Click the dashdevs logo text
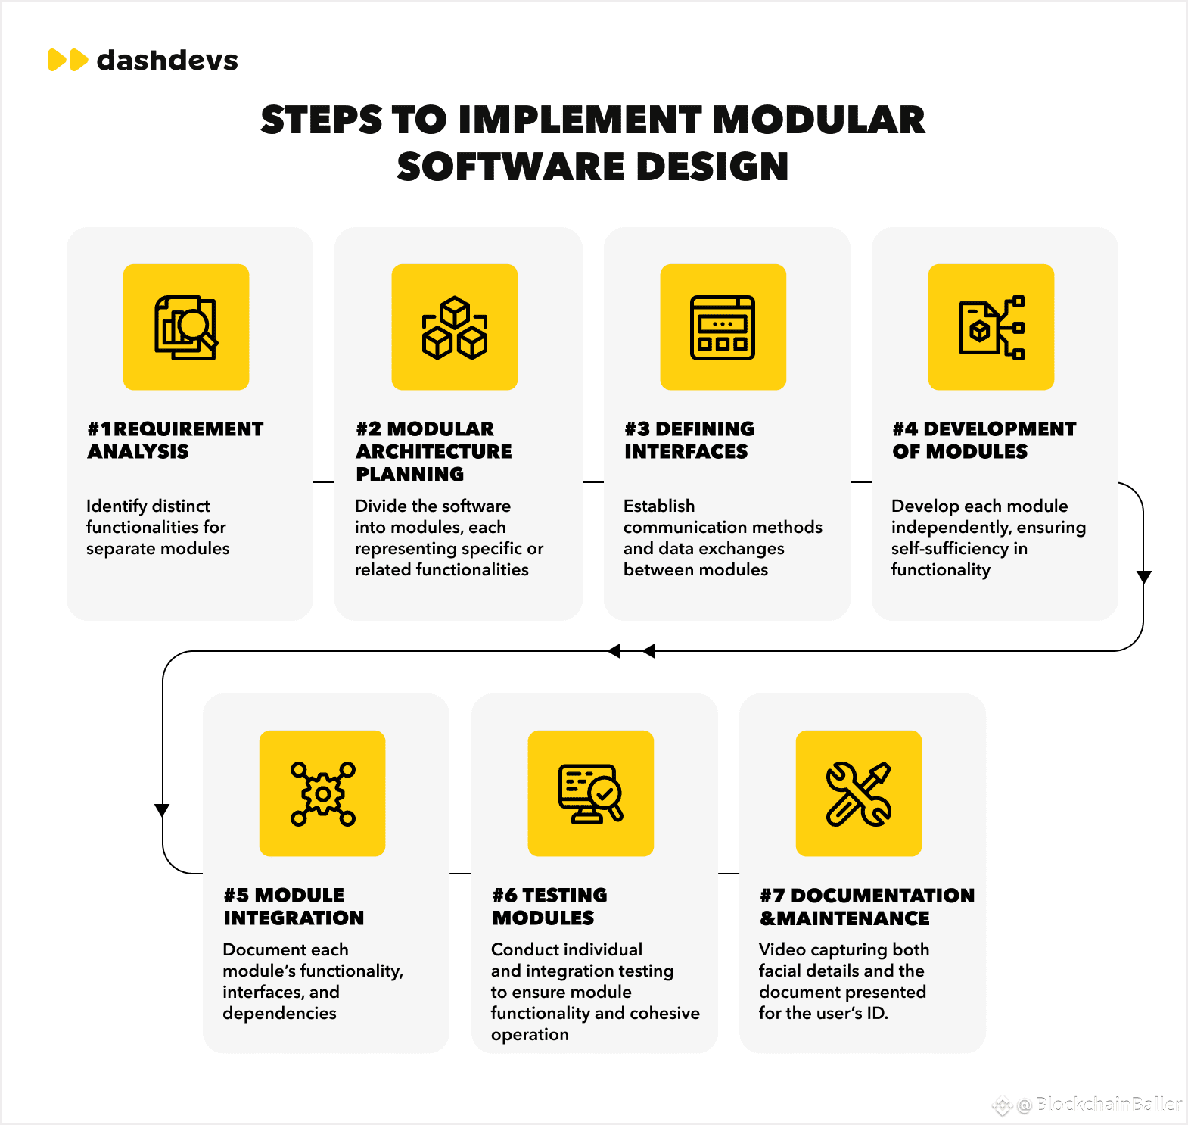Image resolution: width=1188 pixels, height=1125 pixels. (x=167, y=61)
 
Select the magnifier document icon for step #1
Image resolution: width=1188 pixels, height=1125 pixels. (x=186, y=327)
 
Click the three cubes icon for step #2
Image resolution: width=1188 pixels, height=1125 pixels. (x=455, y=327)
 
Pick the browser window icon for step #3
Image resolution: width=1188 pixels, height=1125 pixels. (x=723, y=327)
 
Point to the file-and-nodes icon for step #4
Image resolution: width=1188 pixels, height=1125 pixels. (x=991, y=327)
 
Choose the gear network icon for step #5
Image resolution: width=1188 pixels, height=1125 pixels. (x=322, y=793)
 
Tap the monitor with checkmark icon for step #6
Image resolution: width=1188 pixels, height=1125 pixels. (x=590, y=793)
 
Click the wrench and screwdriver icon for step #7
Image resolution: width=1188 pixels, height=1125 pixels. (x=859, y=793)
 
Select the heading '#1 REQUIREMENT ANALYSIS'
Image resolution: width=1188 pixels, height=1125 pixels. (x=175, y=440)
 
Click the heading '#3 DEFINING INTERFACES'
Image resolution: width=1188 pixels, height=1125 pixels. (x=689, y=440)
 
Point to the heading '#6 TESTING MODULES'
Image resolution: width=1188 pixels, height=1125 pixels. (x=549, y=906)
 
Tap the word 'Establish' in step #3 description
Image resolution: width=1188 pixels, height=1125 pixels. (x=659, y=506)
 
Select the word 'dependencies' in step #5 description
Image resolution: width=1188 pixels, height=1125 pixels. (x=279, y=1013)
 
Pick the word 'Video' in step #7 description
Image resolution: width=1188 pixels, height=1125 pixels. (x=782, y=949)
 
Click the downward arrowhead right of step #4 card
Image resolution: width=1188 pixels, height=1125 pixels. (x=1144, y=577)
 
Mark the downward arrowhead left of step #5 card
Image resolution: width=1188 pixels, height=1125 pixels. (x=162, y=810)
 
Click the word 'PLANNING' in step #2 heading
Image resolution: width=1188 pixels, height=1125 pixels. (x=410, y=475)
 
